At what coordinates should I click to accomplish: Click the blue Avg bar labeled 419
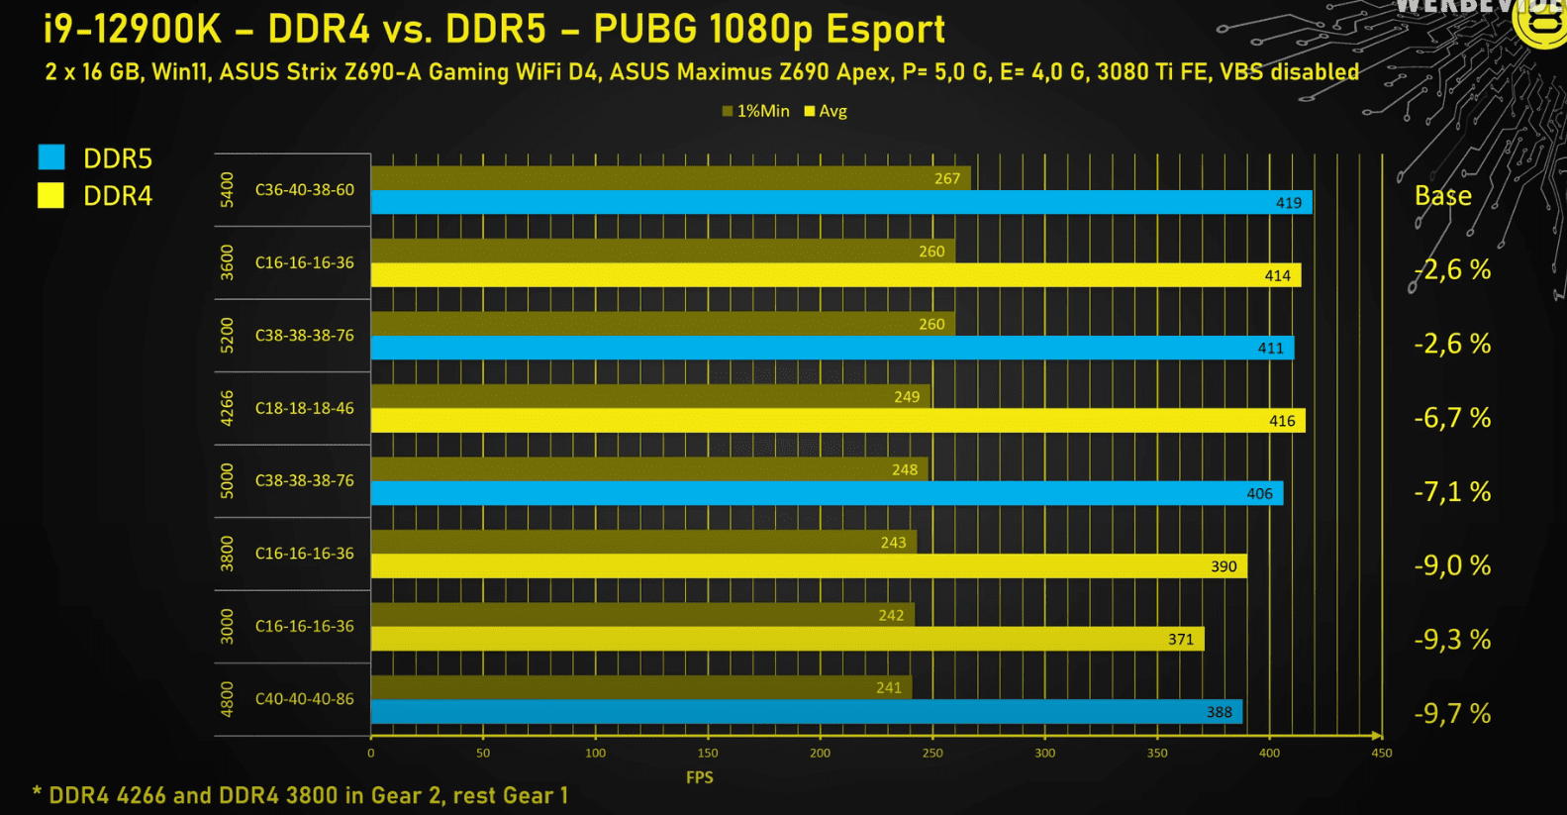(841, 203)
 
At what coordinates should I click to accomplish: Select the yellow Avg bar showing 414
(835, 275)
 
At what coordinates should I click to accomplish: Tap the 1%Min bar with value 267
(670, 178)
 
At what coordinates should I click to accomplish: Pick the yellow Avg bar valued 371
(787, 639)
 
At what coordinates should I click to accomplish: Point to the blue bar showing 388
(807, 712)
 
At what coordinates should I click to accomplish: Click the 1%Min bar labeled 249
(650, 396)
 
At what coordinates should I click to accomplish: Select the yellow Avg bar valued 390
(809, 566)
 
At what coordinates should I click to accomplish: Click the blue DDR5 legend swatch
(51, 157)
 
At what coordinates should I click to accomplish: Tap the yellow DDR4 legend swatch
(51, 196)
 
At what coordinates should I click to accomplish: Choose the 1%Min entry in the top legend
(756, 111)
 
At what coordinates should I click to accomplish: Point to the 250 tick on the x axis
(932, 753)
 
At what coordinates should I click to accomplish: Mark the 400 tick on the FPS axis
(1269, 753)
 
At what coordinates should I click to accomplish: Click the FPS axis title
(700, 777)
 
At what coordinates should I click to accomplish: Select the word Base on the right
(1442, 196)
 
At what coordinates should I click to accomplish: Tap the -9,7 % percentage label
(1452, 713)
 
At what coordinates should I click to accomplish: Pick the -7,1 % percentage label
(1452, 491)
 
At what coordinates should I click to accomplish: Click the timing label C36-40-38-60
(305, 190)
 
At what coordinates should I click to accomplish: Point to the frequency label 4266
(228, 408)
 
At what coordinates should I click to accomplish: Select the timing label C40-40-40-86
(305, 699)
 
